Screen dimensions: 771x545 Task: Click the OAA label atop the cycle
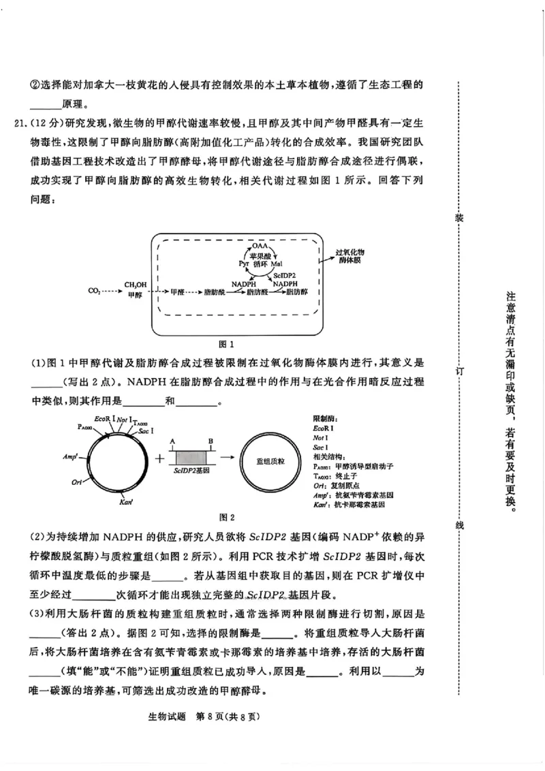point(260,245)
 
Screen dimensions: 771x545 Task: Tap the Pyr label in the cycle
point(243,263)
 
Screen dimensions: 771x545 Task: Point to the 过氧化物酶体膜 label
point(351,256)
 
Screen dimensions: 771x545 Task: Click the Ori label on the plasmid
point(77,482)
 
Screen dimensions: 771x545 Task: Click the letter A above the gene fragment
point(173,441)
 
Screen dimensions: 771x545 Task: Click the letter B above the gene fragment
point(211,441)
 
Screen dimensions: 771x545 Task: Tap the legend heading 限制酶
point(326,418)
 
